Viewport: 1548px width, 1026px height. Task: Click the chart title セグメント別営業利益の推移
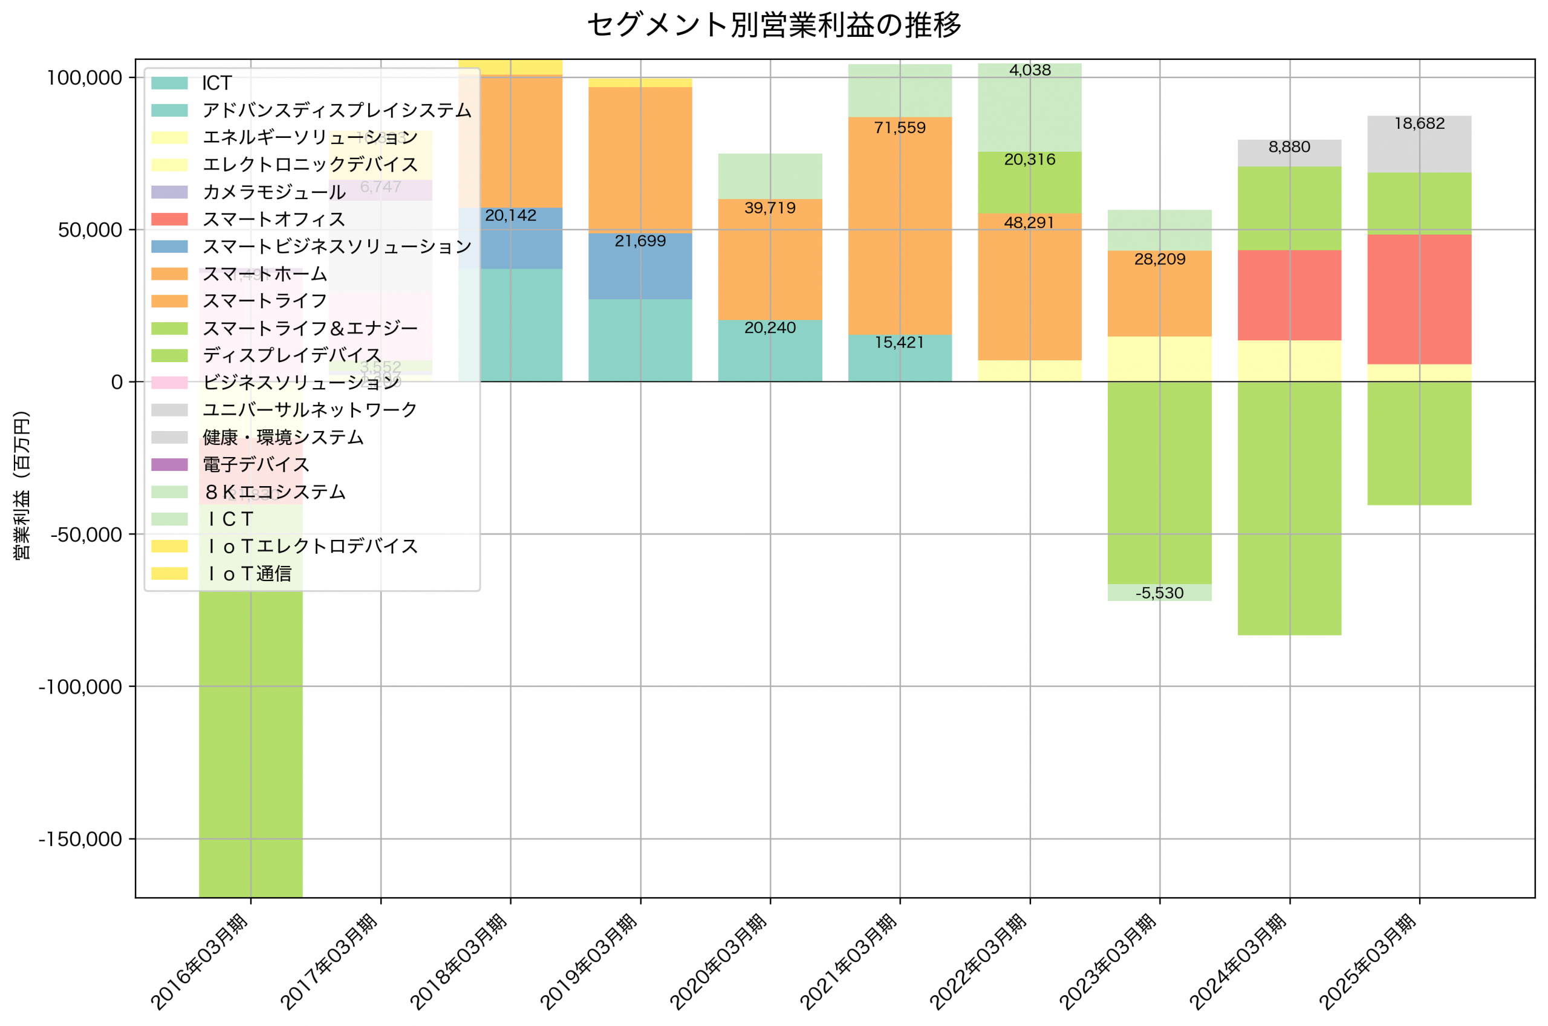(x=774, y=25)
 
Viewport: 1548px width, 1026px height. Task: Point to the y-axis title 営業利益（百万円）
(x=22, y=485)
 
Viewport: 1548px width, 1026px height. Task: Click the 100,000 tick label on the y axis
(x=85, y=78)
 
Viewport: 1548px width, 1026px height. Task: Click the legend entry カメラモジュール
(x=273, y=192)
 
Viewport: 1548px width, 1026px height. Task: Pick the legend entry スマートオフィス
(x=273, y=219)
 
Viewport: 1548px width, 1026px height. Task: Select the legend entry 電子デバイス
(x=255, y=464)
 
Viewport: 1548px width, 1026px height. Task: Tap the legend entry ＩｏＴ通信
(x=249, y=574)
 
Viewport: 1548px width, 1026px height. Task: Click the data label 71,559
(x=900, y=128)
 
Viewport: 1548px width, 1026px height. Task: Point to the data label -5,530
(x=1159, y=593)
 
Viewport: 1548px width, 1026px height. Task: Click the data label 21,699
(x=640, y=241)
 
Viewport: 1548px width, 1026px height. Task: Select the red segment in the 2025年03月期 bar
(x=1419, y=299)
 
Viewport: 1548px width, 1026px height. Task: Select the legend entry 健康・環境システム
(x=282, y=437)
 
